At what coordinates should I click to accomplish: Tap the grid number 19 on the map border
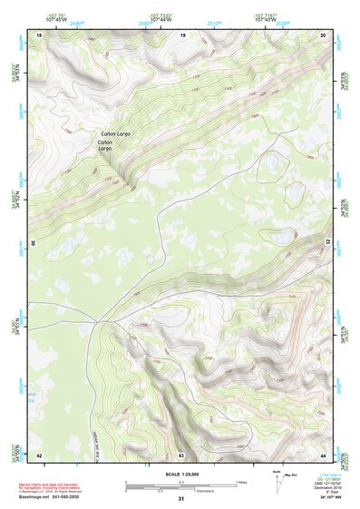tap(182, 34)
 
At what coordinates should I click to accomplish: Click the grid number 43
tap(181, 454)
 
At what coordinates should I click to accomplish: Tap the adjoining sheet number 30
tap(33, 244)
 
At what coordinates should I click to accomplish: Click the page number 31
tap(181, 499)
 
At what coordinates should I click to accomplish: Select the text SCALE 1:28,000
tap(180, 474)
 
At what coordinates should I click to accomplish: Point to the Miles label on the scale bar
tap(240, 481)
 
